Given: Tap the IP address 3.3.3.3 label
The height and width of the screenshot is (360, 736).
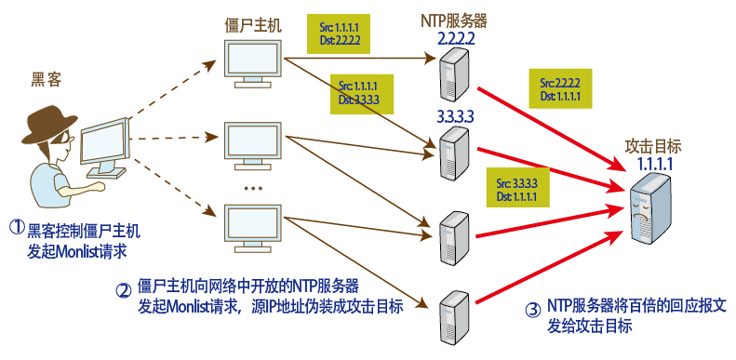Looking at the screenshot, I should (x=455, y=114).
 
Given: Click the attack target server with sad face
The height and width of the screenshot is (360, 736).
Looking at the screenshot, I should (x=650, y=210).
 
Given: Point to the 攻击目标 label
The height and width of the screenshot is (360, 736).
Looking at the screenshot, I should (x=653, y=146).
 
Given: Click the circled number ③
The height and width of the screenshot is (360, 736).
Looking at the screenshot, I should (x=531, y=311).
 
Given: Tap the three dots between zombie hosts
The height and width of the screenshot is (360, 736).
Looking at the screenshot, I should (x=252, y=187).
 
